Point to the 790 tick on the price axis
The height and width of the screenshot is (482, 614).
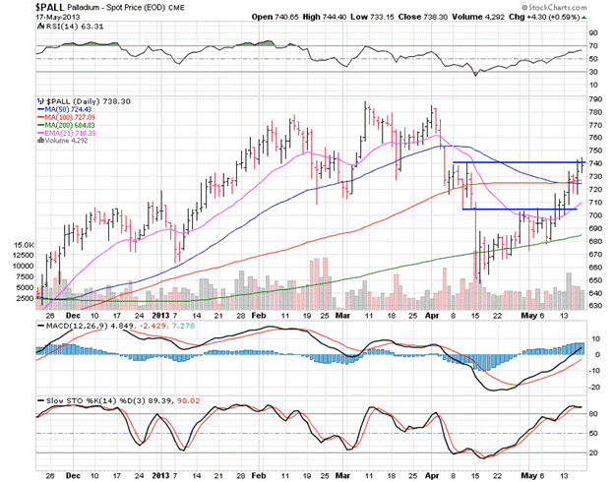[x=595, y=99]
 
